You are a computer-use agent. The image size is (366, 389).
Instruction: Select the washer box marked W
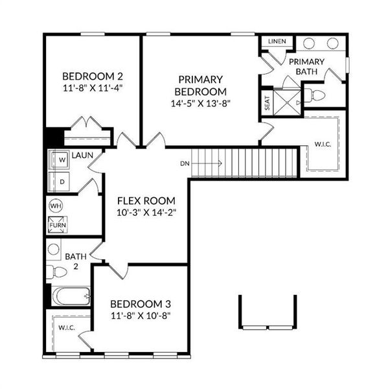[x=63, y=159]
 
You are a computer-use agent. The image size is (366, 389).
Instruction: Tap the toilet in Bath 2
[x=57, y=270]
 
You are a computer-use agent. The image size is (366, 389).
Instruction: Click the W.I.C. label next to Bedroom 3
[x=67, y=328]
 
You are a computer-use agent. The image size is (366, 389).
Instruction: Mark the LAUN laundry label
[x=83, y=156]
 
